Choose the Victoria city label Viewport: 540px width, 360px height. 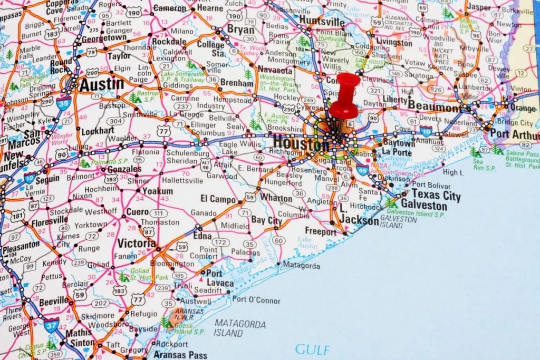pos(137,243)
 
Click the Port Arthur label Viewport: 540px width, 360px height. pos(514,134)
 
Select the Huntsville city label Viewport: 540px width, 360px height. pos(321,20)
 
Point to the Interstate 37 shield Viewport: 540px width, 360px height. pos(51,325)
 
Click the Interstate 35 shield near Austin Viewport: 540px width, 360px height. pos(64,102)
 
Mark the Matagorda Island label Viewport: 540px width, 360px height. pos(239,328)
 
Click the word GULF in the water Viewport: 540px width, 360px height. pos(313,349)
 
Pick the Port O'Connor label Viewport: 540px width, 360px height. pos(256,300)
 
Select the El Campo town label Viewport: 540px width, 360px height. pos(218,199)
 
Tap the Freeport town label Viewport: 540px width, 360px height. pos(320,231)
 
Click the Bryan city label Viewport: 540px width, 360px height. pos(241,30)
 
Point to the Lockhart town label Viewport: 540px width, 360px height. pos(98,131)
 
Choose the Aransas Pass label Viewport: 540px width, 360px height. pos(180,355)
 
